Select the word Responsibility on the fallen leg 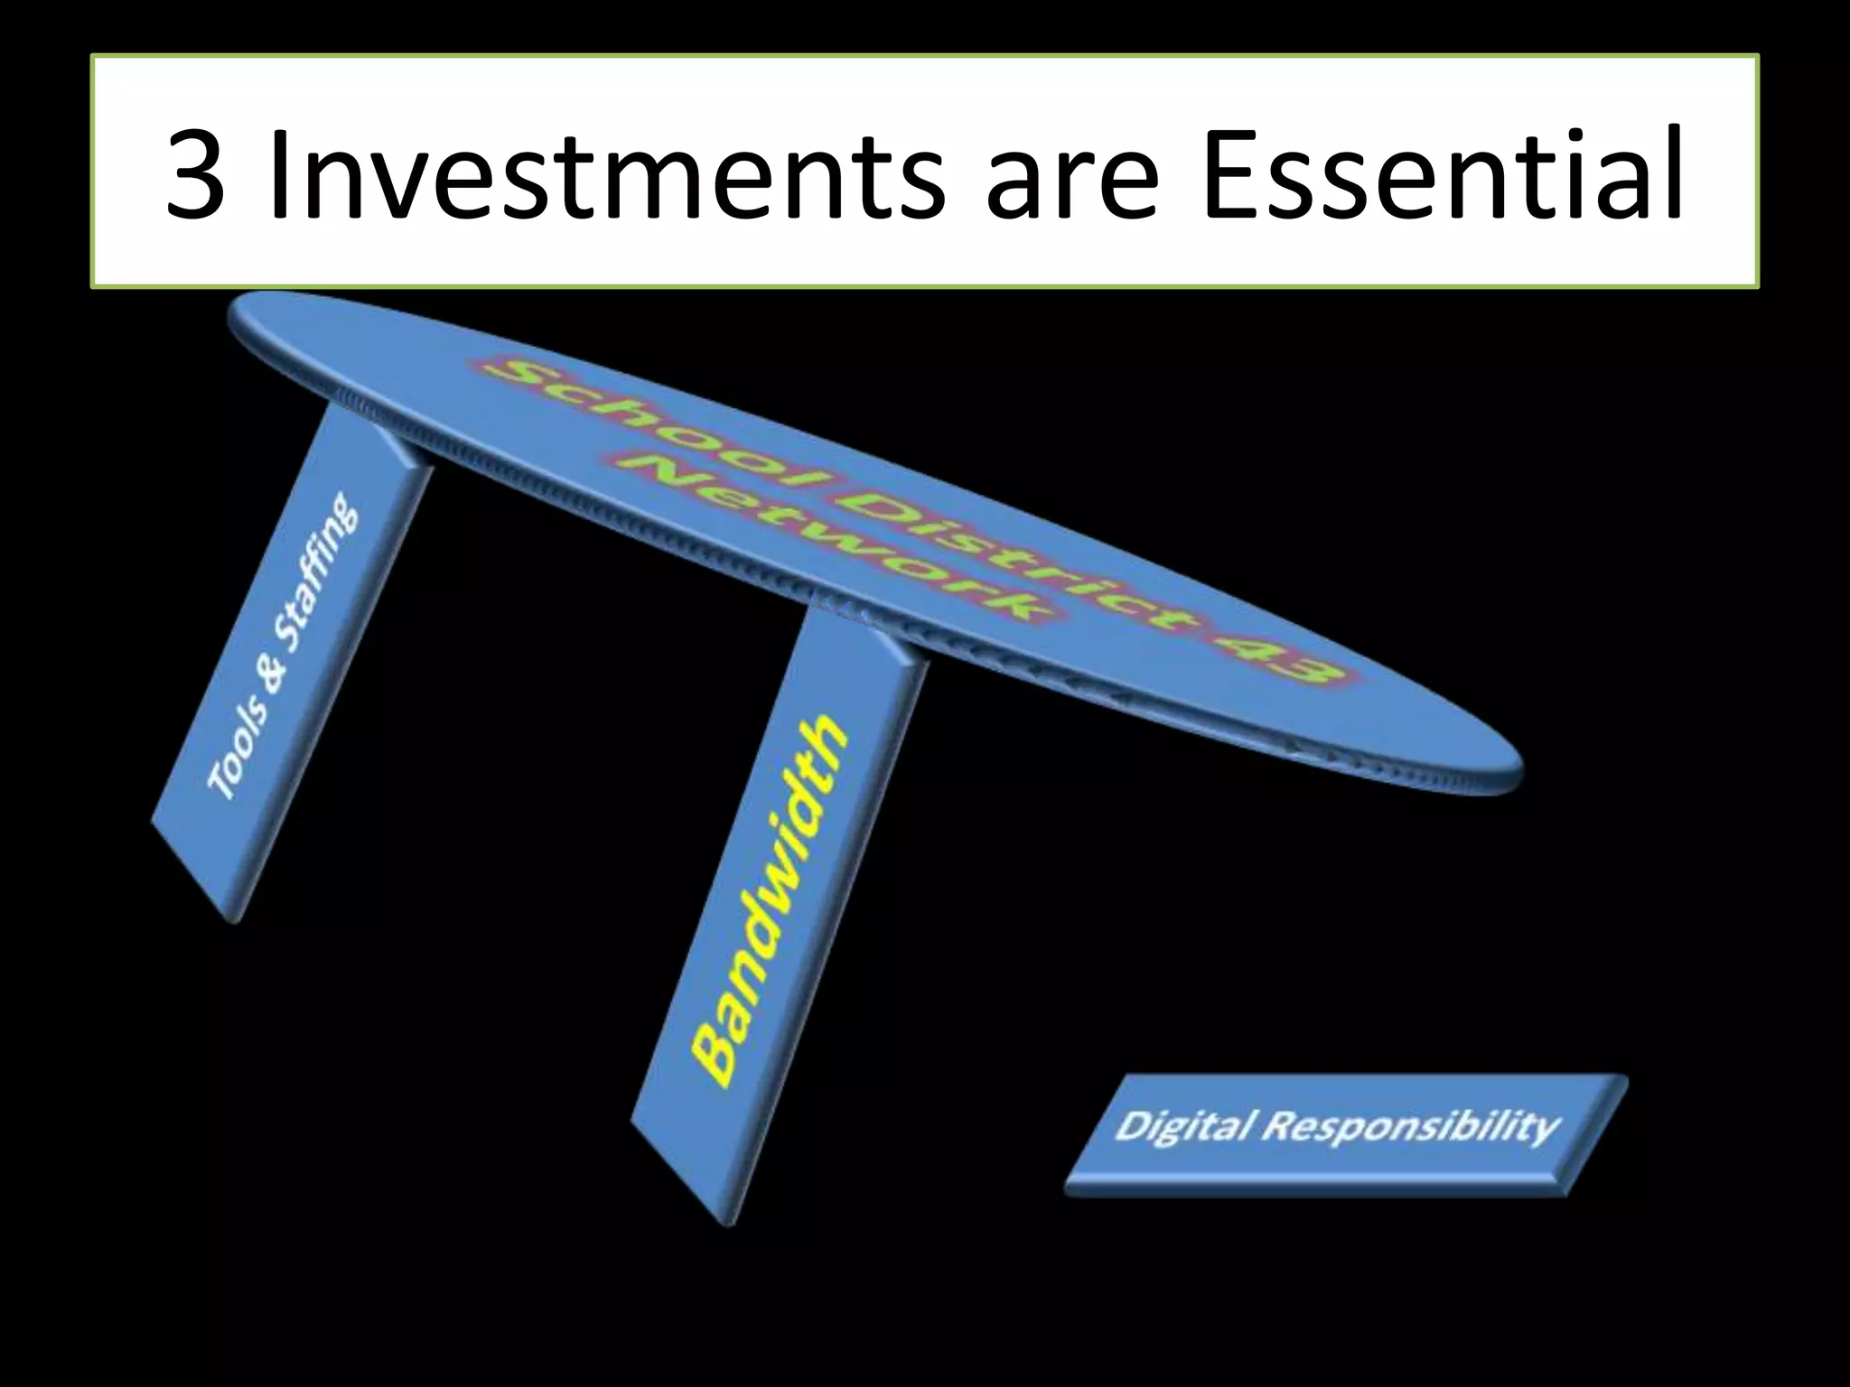point(1409,1127)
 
